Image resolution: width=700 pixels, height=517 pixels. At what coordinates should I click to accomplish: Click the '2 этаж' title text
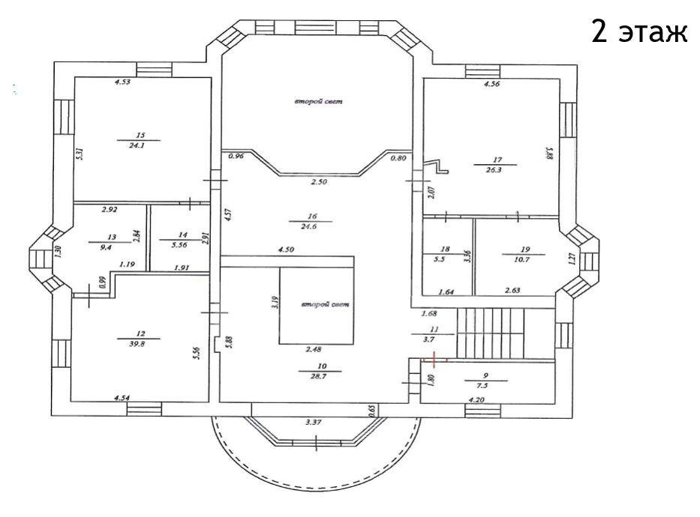coord(639,31)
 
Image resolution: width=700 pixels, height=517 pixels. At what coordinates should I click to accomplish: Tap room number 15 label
coord(140,135)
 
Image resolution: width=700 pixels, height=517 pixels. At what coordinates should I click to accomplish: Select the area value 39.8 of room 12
coord(139,344)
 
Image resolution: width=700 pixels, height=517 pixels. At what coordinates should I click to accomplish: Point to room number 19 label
coord(525,250)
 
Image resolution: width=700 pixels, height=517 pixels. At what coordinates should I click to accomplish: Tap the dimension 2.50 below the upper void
coord(319,181)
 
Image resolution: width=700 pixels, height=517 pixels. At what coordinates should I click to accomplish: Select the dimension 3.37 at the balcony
coord(314,422)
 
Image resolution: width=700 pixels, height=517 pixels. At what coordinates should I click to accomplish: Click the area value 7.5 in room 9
coord(486,386)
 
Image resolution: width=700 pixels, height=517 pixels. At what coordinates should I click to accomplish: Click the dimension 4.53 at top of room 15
coord(122,82)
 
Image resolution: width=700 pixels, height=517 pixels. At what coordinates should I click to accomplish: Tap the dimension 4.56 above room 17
coord(492,83)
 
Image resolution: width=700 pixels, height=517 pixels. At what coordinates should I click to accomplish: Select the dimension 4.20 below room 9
coord(476,400)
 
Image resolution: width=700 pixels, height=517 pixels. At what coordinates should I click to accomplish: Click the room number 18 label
coord(445,250)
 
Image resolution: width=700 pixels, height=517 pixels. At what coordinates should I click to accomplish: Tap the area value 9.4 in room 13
coord(106,247)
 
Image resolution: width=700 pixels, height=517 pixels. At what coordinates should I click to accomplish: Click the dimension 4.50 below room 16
coord(286,250)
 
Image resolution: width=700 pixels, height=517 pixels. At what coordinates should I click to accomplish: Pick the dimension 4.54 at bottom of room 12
coord(122,398)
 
